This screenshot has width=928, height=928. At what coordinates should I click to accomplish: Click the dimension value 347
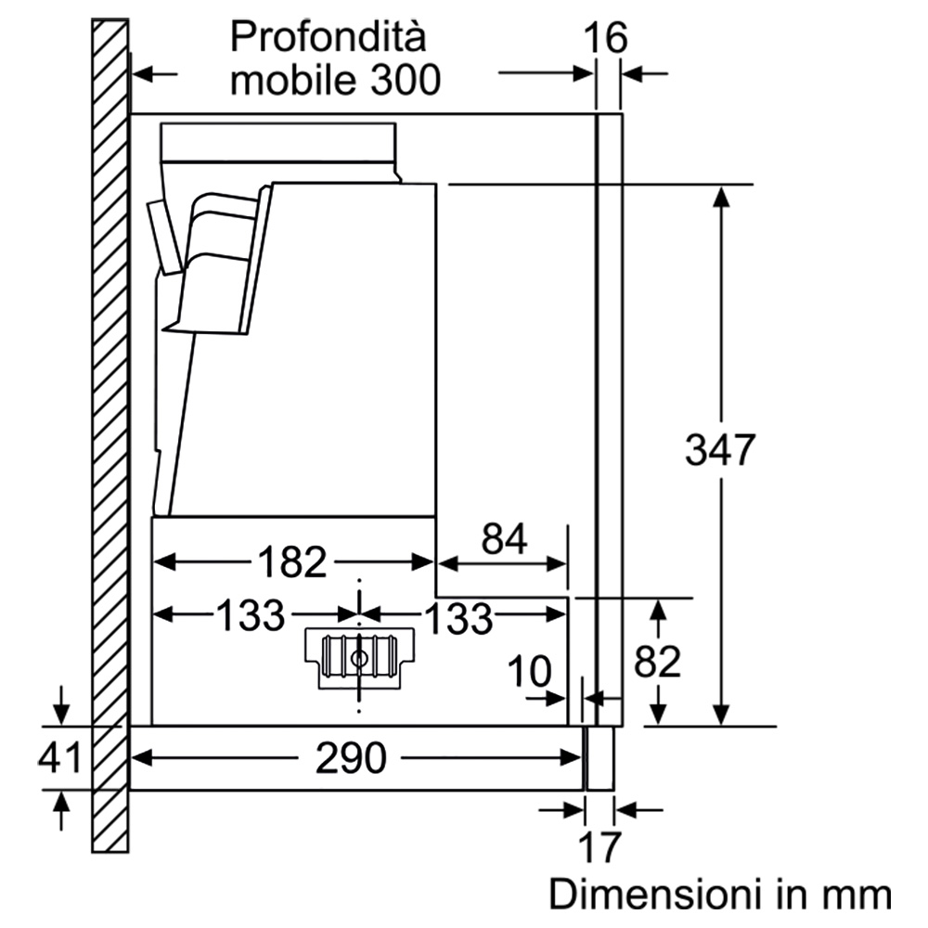click(720, 450)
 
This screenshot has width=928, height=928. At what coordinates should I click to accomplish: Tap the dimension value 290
click(351, 757)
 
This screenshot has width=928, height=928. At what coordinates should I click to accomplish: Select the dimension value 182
click(292, 561)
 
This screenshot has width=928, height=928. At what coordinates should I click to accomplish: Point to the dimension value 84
click(504, 538)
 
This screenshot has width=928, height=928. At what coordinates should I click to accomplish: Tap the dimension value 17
click(599, 847)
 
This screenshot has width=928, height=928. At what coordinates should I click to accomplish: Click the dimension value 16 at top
click(605, 38)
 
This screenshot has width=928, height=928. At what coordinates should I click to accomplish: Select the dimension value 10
click(529, 672)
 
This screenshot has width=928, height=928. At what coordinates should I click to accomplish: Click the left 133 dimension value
click(251, 615)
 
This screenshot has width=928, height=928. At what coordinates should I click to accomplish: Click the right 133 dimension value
click(458, 618)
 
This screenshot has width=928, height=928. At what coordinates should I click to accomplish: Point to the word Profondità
click(328, 37)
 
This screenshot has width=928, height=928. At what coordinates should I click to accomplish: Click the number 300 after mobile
click(406, 80)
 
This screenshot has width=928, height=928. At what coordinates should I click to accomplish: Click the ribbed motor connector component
click(359, 658)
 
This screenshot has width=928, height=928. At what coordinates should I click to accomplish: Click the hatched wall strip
click(110, 435)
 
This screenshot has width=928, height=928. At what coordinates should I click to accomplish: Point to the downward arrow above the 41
click(61, 705)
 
